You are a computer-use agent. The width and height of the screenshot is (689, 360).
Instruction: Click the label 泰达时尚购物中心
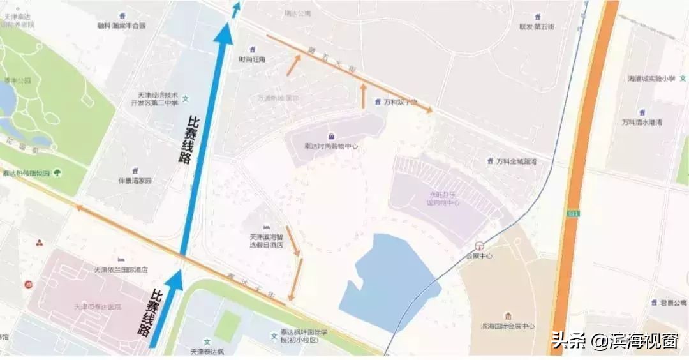pos(330,146)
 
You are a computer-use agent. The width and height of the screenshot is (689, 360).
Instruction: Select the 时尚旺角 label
pos(252,59)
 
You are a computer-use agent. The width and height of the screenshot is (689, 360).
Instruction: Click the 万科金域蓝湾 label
pos(516,161)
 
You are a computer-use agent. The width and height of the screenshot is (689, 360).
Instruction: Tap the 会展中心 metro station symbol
pos(479,245)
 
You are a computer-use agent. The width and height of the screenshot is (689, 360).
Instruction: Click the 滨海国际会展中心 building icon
pos(507,317)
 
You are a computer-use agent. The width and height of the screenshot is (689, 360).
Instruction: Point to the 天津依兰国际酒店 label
pos(121,269)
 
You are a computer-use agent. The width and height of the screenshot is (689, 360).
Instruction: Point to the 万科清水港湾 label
pos(641,122)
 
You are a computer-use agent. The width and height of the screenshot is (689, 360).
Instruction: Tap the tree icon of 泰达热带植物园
pos(57,173)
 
